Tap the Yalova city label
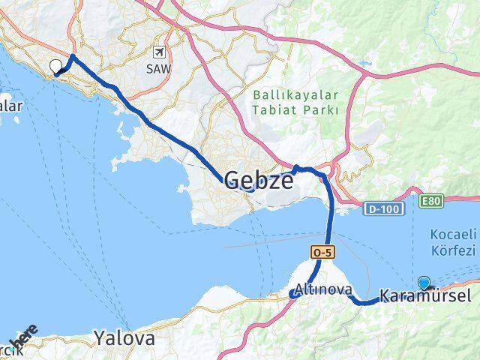point(124,338)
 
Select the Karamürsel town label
point(426,297)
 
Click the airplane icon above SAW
point(158,52)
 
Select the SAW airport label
point(158,67)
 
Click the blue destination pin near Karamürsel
point(425,283)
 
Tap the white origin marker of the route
point(55,67)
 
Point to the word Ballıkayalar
point(296,96)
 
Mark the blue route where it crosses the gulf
point(328,225)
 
